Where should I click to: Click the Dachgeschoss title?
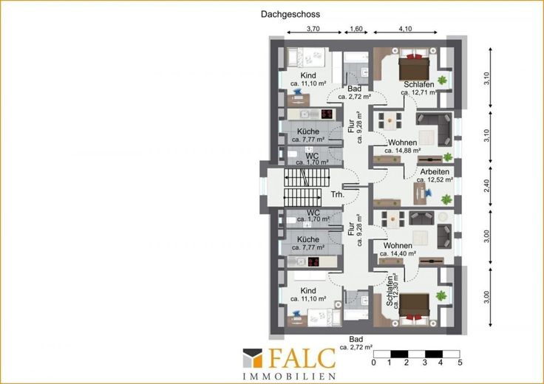point(290,14)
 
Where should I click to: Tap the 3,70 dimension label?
point(313,29)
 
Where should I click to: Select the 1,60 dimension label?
point(356,29)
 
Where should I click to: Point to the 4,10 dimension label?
point(405,29)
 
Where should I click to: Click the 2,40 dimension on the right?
point(487,186)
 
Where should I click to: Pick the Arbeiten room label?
point(435,171)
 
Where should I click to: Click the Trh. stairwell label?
point(338,194)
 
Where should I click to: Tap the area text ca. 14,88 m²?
point(402,151)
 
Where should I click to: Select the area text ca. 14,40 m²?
point(398,254)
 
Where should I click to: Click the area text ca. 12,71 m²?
point(419,92)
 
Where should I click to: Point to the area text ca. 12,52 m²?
point(435,180)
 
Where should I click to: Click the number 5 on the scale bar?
point(460,363)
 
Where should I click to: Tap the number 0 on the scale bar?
point(373,363)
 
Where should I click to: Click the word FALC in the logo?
point(302,358)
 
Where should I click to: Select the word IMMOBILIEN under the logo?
point(289,377)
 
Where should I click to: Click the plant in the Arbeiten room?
point(446,199)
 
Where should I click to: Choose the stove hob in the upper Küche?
point(327,114)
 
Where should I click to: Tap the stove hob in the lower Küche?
point(313,262)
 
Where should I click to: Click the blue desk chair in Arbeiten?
point(429,192)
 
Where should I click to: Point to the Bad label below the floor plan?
point(356,339)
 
